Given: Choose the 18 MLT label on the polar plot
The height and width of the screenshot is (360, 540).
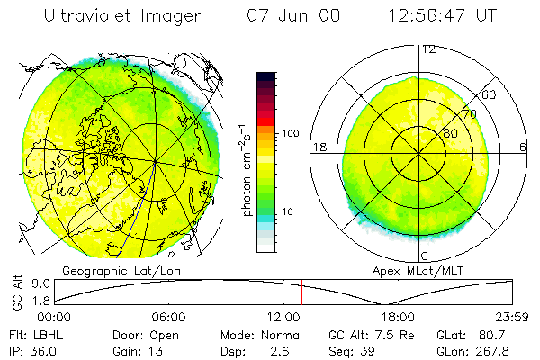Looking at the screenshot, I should pos(318,147).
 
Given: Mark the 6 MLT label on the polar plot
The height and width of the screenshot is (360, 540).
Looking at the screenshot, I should pos(523,147).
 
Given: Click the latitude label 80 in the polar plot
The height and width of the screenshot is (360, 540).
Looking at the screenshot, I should pos(450,133).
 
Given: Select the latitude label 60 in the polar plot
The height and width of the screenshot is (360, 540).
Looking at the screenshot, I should pos(489,94).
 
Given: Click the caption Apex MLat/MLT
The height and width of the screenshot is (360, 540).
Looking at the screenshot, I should pos(422,270).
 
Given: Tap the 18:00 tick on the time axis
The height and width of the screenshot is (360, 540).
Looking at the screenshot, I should pos(397,317).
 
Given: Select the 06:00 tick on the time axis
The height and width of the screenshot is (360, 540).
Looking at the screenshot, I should pos(168,317).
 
